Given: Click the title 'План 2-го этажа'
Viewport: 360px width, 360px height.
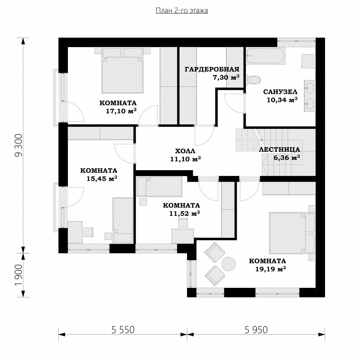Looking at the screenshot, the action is [x=182, y=11].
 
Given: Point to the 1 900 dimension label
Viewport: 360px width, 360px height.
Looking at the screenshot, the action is [x=19, y=275].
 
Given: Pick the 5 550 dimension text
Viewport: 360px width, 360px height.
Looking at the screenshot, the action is [x=123, y=329].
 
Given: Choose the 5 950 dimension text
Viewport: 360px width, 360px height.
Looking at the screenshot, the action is [x=256, y=329].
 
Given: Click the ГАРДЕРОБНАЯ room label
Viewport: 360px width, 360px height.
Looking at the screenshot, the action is [x=212, y=69].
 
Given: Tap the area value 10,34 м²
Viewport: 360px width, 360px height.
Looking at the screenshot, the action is [x=282, y=100].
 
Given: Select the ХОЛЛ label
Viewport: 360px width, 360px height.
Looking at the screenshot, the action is [x=185, y=151].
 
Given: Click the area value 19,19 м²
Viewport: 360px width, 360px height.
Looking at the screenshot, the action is [x=271, y=269].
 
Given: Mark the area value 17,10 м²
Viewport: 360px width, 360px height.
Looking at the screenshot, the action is [x=121, y=111].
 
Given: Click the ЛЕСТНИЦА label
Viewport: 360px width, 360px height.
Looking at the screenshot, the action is [x=280, y=150].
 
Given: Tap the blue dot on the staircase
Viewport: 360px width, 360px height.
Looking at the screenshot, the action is [x=261, y=140].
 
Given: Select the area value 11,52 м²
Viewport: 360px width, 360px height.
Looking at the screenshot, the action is [x=185, y=213].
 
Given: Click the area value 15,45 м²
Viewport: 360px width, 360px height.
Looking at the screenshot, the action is [x=102, y=179].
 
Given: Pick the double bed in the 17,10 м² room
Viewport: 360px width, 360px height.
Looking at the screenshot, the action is [x=122, y=70].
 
